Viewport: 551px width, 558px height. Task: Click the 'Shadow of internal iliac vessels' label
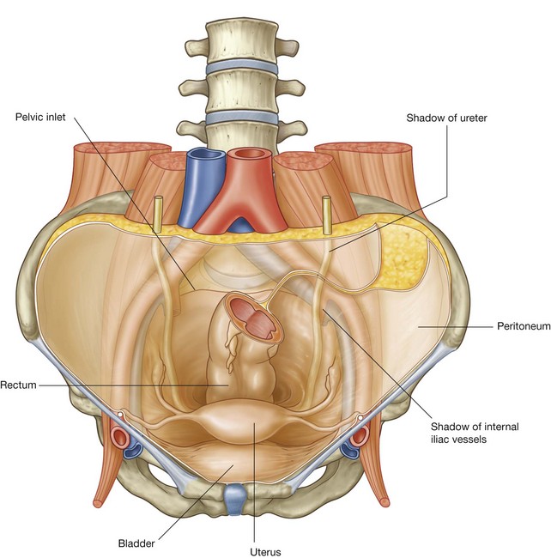[463, 432]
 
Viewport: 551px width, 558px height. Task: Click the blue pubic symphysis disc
[233, 496]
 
